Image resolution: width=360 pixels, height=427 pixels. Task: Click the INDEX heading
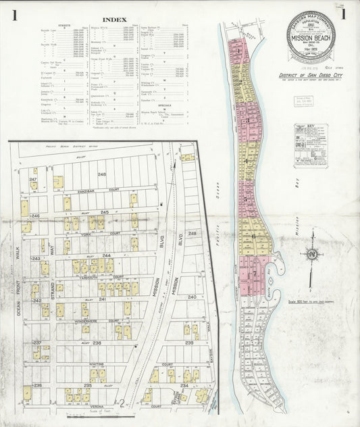tap(112, 19)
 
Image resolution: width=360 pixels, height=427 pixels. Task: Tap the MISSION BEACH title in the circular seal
tap(307, 40)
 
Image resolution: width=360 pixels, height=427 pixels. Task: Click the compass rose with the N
tap(311, 255)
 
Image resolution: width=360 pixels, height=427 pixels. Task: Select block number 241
tap(103, 299)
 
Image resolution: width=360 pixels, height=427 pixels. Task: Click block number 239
tap(190, 343)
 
